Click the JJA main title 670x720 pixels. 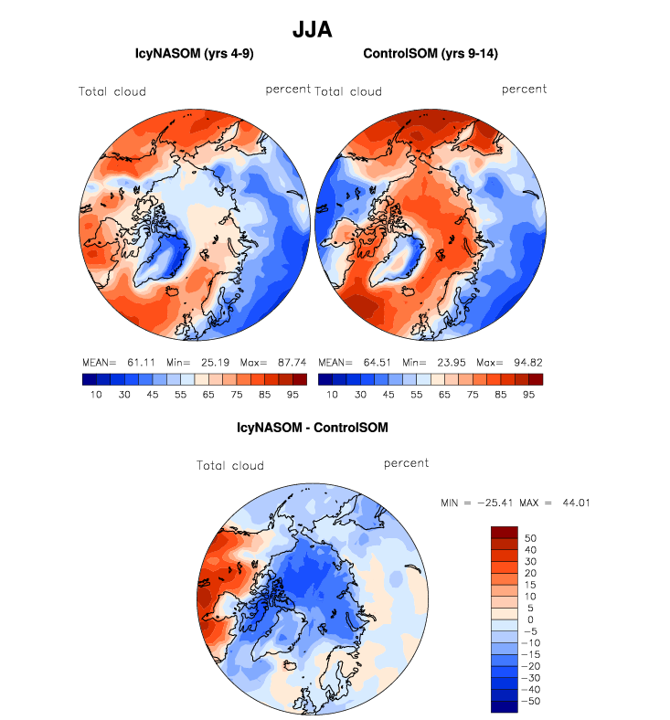312,30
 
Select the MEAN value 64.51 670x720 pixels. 370,363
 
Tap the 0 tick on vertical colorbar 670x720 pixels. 533,619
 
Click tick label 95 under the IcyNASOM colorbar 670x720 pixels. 292,395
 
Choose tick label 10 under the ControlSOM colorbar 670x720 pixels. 333,395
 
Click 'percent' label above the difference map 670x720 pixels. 407,463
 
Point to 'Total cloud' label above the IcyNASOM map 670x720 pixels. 112,91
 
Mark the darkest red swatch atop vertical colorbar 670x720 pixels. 505,532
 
